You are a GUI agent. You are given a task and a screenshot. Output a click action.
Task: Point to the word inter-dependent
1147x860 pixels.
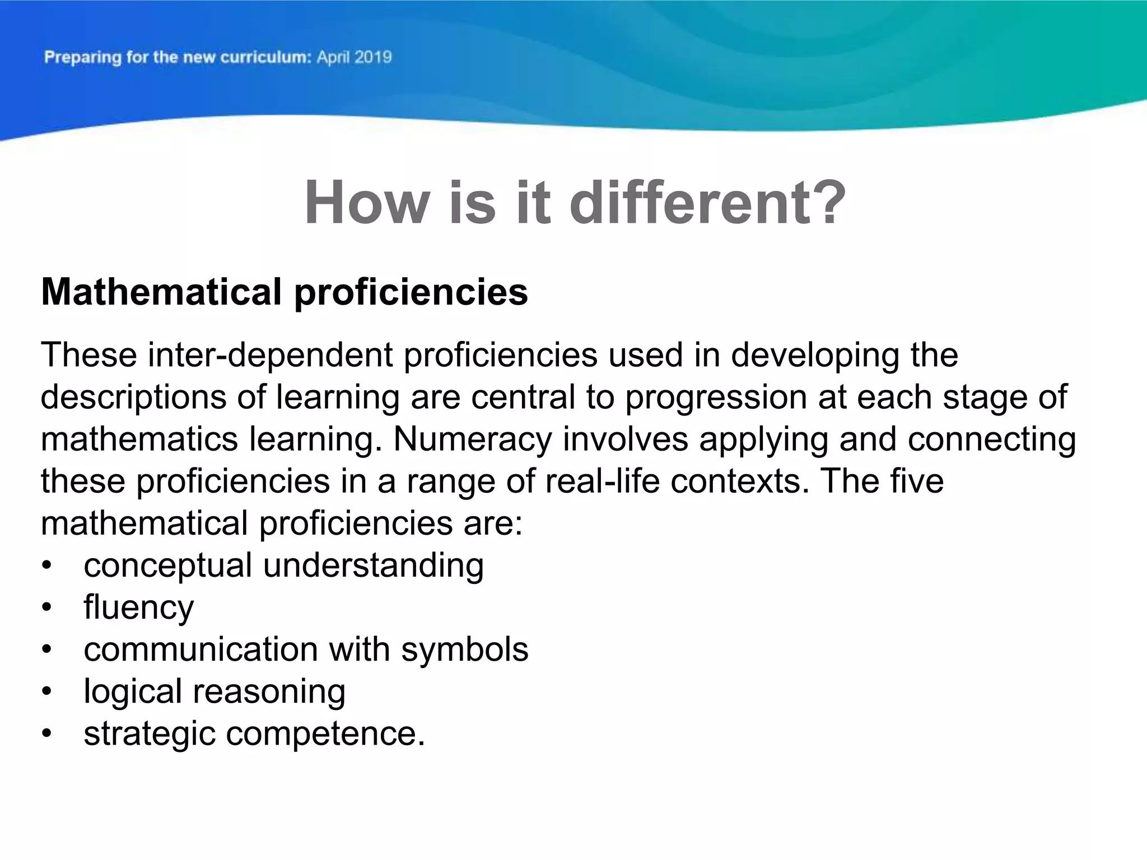pyautogui.click(x=271, y=355)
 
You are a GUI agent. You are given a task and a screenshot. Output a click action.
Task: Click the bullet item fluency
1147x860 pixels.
pyautogui.click(x=138, y=607)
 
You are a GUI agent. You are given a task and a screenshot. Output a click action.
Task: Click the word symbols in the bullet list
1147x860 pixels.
pyautogui.click(x=464, y=649)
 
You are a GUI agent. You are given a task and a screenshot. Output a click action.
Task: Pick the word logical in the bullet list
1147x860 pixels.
pyautogui.click(x=132, y=691)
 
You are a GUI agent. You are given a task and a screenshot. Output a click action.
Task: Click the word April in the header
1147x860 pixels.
pyautogui.click(x=334, y=58)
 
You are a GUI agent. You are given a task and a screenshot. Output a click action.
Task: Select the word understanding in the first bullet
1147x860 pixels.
pyautogui.click(x=373, y=565)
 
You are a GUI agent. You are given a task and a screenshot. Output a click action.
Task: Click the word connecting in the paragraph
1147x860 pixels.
pyautogui.click(x=991, y=439)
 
